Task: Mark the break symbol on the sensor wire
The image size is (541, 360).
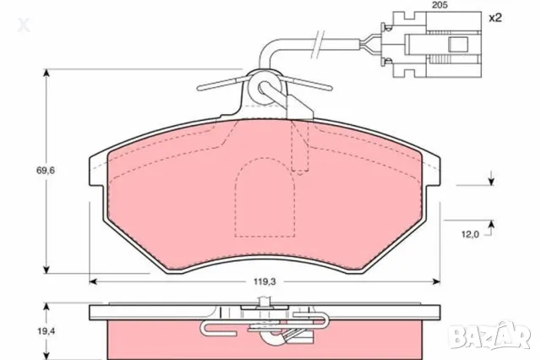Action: (317, 40)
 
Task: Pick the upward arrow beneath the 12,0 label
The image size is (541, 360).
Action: (490, 222)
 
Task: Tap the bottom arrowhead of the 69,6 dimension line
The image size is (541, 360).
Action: (46, 272)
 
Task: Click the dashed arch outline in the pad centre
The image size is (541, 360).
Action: (264, 199)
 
